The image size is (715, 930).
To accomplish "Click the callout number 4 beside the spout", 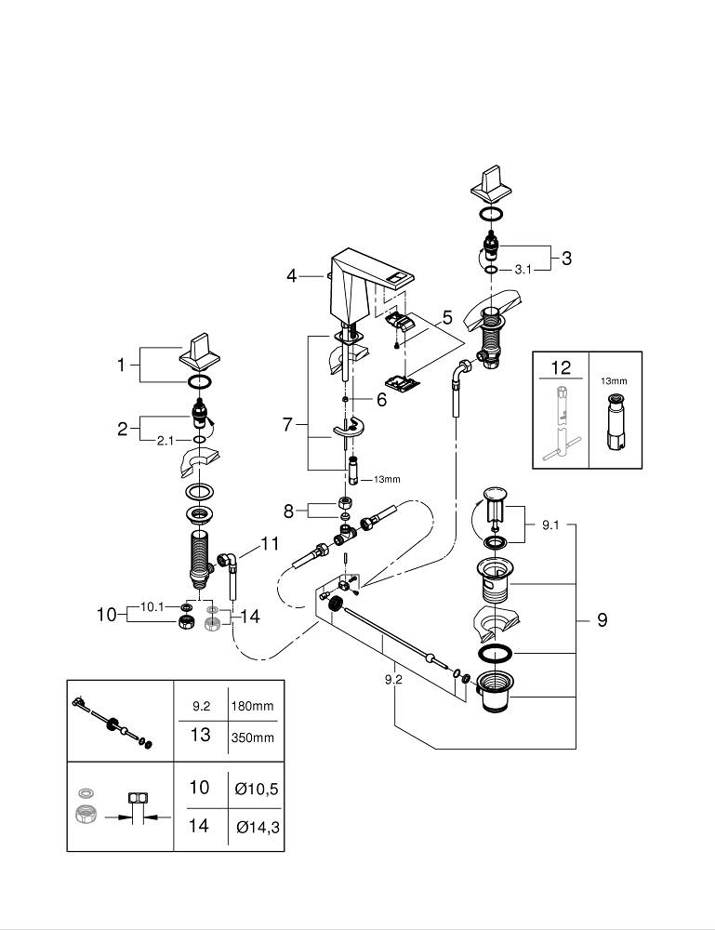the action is [291, 276].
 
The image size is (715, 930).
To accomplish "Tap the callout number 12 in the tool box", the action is [561, 367].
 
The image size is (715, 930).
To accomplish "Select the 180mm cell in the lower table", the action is [253, 706].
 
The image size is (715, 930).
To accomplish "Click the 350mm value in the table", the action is [253, 737].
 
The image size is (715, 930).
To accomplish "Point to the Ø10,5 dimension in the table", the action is [256, 789].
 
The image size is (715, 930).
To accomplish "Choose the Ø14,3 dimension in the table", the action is [258, 827].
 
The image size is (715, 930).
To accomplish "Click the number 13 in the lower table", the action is [201, 735].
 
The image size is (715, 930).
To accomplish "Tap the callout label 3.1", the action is [523, 270].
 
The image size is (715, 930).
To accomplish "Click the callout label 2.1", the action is [166, 441].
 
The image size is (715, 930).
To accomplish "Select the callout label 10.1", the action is [152, 606].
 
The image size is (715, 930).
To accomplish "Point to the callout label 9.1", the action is [550, 525].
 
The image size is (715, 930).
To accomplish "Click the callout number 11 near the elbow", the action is [271, 543].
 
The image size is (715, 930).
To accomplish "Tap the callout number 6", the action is [381, 400].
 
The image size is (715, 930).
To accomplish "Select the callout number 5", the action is [447, 317].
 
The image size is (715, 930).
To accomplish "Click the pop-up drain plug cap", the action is [496, 494].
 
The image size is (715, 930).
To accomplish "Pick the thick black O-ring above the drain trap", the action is [495, 653].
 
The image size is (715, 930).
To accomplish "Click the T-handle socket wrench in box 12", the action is [562, 423].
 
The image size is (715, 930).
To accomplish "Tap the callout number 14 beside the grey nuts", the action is [250, 617].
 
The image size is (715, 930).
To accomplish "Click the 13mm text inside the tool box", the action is [614, 380].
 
